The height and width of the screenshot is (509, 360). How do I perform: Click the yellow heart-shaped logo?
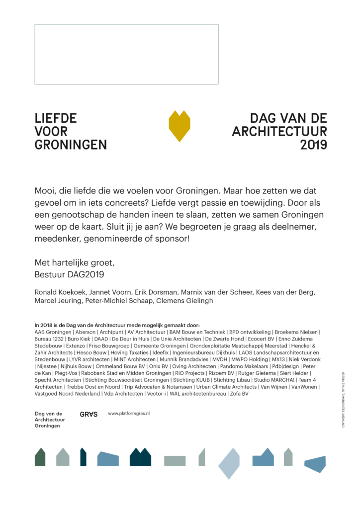point(180,126)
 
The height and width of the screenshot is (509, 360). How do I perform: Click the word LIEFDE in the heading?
point(56,119)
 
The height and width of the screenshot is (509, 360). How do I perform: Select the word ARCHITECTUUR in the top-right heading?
point(280,132)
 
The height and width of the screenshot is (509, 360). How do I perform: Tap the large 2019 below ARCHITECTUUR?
point(314,145)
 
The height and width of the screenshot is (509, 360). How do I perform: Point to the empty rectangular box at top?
point(126,54)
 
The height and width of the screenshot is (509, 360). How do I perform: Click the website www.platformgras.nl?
point(129,413)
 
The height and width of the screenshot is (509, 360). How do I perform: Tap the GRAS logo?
point(89,414)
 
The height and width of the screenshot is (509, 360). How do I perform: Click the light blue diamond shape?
point(229,463)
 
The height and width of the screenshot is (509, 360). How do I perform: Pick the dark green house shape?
point(40,457)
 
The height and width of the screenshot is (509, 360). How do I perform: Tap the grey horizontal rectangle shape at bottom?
point(175,461)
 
